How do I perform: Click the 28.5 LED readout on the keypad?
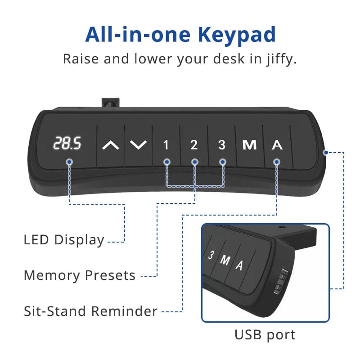[x=67, y=143]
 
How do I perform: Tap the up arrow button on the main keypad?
[x=111, y=145]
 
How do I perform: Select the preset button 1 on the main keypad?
[x=166, y=145]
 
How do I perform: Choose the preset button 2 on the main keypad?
[x=194, y=145]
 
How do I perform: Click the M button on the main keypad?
[x=249, y=145]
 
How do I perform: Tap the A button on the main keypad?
[x=277, y=145]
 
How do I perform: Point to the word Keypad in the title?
[x=237, y=35]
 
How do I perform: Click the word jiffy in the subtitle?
[x=279, y=59]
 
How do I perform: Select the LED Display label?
[x=64, y=240]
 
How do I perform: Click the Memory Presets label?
[x=80, y=275]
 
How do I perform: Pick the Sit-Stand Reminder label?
[x=91, y=311]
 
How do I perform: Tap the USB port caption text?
[x=265, y=335]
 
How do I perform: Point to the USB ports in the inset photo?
[x=280, y=281]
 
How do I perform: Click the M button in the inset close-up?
[x=225, y=261]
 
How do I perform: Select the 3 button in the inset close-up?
[x=211, y=255]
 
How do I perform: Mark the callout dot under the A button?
[x=277, y=162]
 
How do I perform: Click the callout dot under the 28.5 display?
[x=69, y=162]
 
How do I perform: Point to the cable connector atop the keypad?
[x=110, y=103]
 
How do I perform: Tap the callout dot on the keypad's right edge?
[x=325, y=153]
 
